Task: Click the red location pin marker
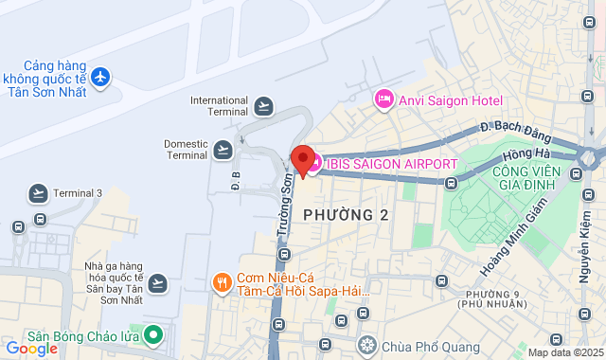pos(303,160)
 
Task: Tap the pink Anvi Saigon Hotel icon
pos(383,98)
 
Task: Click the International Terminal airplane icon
pos(263,105)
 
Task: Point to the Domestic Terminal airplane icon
pos(223,149)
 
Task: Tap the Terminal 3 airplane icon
pos(38,193)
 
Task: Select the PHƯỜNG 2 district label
pos(346,215)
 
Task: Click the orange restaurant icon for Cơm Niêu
pos(222,282)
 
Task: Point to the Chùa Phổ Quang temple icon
pos(366,342)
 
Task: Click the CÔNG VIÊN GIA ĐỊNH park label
pos(520,179)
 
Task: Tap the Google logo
pos(31,348)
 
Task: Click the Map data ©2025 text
pos(563,352)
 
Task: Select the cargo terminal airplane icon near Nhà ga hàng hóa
pos(157,282)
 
